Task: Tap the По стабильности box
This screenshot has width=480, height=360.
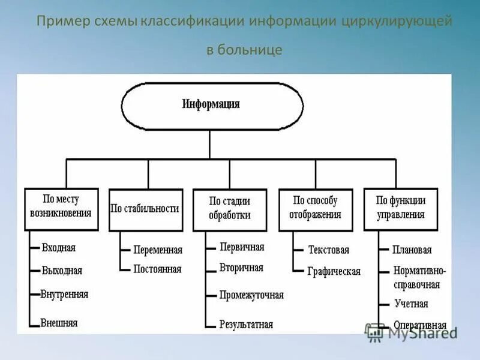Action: pos(145,209)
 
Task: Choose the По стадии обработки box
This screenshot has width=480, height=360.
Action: pos(230,209)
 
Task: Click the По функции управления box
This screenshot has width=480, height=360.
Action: pos(400,209)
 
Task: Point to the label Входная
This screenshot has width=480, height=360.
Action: pos(58,247)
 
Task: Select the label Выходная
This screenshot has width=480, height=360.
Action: pos(61,271)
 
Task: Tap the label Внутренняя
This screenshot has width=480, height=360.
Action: pos(64,294)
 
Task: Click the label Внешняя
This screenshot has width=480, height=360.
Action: pos(59,323)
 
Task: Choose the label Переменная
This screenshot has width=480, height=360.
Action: pos(158,250)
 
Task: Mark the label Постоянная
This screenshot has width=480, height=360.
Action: pos(157,269)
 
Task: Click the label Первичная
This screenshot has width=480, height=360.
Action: pos(242,247)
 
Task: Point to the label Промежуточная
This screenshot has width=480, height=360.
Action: pos(251,295)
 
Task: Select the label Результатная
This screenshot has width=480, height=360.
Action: pos(246,324)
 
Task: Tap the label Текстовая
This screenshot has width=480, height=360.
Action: pos(328,250)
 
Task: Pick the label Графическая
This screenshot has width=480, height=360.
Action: pos(334,271)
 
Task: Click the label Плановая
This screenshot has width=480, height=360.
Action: pos(412,250)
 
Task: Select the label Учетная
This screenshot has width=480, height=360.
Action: pos(411,304)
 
